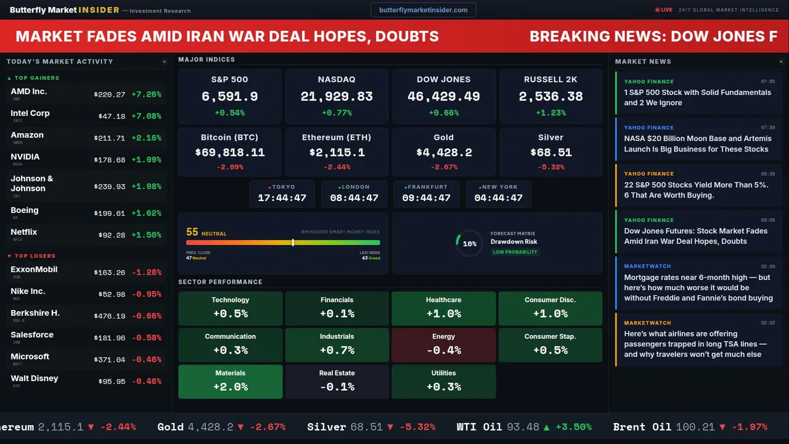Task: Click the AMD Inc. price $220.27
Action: tap(110, 94)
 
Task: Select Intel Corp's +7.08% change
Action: tap(146, 116)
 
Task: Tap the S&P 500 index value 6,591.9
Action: tap(230, 96)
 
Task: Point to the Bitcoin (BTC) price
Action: tap(230, 152)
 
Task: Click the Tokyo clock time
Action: tap(282, 198)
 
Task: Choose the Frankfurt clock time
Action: tap(426, 198)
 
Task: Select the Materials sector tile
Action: tap(231, 381)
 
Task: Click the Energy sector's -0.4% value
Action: tap(444, 350)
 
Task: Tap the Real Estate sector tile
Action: tap(337, 381)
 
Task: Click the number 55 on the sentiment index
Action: tap(192, 232)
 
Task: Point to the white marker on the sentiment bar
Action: tap(293, 242)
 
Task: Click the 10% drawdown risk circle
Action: tap(470, 244)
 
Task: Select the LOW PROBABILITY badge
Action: tap(515, 252)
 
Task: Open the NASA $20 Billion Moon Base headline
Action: tap(697, 144)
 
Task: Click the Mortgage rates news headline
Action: tap(698, 287)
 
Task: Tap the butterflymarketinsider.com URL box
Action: tap(423, 10)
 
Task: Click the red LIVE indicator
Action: tap(664, 10)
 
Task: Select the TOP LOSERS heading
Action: tap(35, 256)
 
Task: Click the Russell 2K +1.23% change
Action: tap(550, 113)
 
